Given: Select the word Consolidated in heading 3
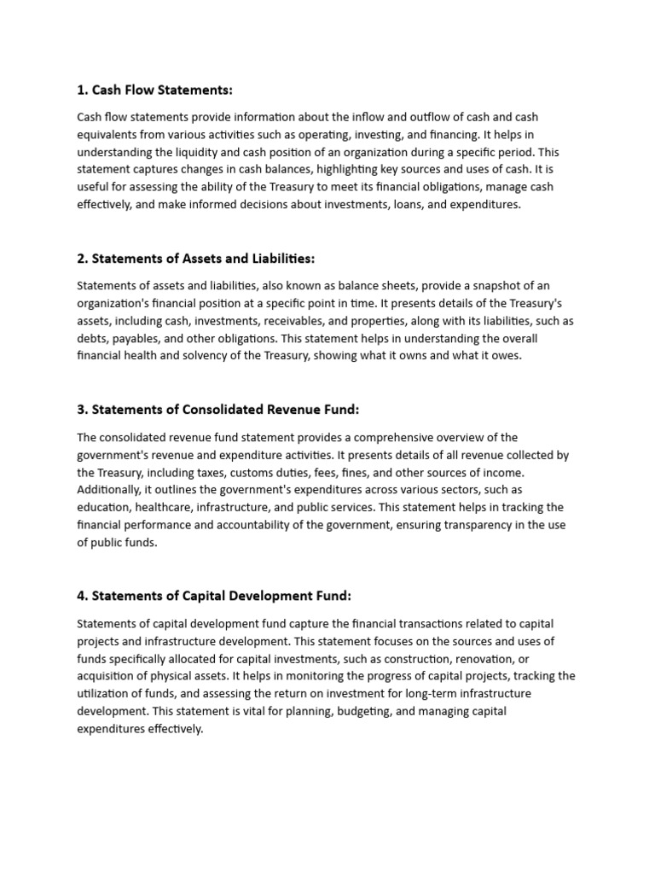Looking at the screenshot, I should tap(223, 410).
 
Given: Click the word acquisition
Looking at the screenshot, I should tap(107, 676).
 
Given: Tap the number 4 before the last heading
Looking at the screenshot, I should tap(81, 596).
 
